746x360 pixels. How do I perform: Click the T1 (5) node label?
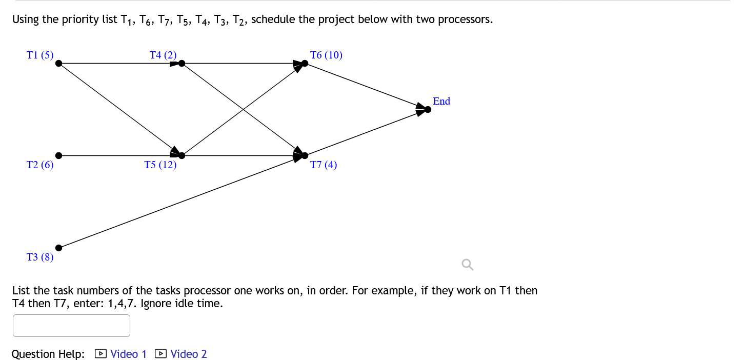pyautogui.click(x=40, y=55)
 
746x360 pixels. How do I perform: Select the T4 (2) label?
pyautogui.click(x=163, y=55)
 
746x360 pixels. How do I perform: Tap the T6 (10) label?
pyautogui.click(x=326, y=55)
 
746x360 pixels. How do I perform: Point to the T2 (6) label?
pyautogui.click(x=40, y=165)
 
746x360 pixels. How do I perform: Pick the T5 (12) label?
pyautogui.click(x=160, y=165)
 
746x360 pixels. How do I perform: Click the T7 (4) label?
pyautogui.click(x=324, y=165)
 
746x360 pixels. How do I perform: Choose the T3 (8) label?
pyautogui.click(x=40, y=257)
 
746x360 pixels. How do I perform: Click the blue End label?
pyautogui.click(x=441, y=101)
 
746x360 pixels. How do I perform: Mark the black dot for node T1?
pyautogui.click(x=59, y=63)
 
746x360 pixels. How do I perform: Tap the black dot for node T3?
pyautogui.click(x=59, y=248)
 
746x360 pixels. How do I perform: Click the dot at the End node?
pyautogui.click(x=428, y=109)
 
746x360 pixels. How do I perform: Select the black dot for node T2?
pyautogui.click(x=59, y=155)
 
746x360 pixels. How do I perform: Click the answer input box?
pyautogui.click(x=71, y=326)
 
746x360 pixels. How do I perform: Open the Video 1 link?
pyautogui.click(x=128, y=354)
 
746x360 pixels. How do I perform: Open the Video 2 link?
pyautogui.click(x=188, y=354)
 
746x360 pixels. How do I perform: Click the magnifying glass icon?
pyautogui.click(x=467, y=265)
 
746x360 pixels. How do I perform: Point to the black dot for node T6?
pyautogui.click(x=305, y=63)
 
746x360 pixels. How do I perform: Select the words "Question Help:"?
pyautogui.click(x=48, y=354)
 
